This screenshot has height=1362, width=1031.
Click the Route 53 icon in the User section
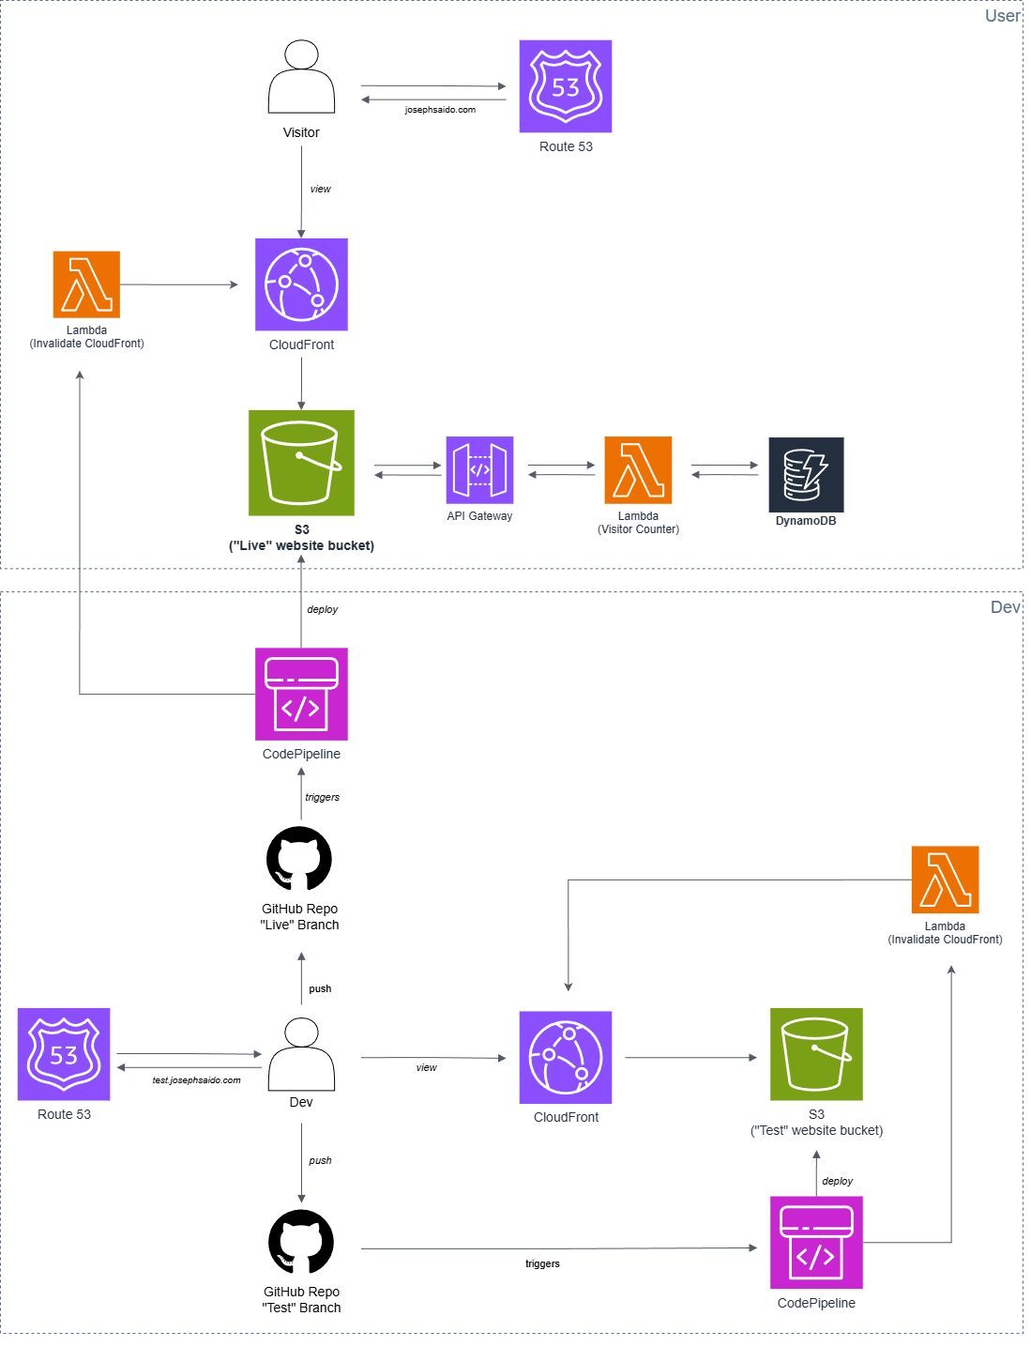[x=566, y=86]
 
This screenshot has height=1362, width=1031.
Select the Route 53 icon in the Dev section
[x=64, y=1054]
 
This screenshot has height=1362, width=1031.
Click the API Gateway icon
[x=479, y=470]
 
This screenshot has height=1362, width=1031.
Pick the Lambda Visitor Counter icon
[x=638, y=470]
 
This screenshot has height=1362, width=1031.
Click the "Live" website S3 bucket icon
[x=301, y=463]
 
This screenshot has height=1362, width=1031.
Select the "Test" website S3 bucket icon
[x=816, y=1054]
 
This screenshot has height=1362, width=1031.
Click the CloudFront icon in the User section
[x=301, y=284]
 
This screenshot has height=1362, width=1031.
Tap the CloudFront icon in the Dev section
[x=566, y=1057]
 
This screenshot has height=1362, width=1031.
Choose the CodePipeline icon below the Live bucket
[x=301, y=695]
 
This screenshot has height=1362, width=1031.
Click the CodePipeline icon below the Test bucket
[x=816, y=1243]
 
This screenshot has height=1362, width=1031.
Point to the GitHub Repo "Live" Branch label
[x=299, y=917]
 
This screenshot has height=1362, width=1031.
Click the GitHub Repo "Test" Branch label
[x=301, y=1300]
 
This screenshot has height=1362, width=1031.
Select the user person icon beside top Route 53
[x=301, y=77]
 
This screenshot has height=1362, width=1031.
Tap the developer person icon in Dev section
[x=301, y=1054]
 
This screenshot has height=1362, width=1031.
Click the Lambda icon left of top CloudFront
[x=86, y=284]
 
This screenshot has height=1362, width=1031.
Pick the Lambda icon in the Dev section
[x=945, y=880]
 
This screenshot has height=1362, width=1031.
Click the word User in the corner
[x=1002, y=16]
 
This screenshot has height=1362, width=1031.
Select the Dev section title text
[x=1005, y=607]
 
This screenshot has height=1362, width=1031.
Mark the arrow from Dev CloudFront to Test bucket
[x=690, y=1058]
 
